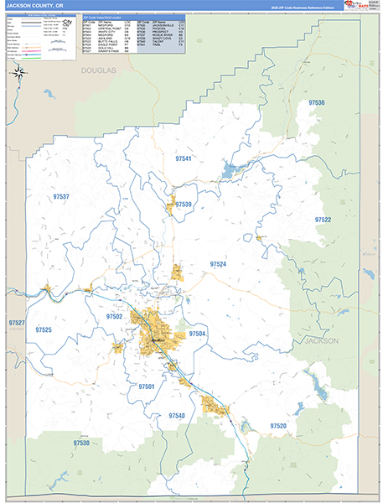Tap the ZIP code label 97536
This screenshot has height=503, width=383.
coord(316,102)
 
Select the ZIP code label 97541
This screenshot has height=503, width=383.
coord(184,158)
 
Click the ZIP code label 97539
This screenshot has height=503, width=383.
coord(184,205)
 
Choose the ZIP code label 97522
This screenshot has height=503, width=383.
coord(323,219)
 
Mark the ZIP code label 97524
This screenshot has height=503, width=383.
coord(218,264)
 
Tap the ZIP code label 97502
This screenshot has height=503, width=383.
coord(114,317)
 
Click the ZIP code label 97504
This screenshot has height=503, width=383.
coord(197,334)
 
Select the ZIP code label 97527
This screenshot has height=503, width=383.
coord(16,323)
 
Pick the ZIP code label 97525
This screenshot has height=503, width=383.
coord(44,330)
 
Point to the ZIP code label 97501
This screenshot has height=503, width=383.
coord(146,386)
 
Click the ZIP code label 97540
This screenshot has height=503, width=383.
coord(177,416)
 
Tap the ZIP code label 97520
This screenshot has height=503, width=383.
coord(278,427)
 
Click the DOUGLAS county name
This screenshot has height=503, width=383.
coord(96,73)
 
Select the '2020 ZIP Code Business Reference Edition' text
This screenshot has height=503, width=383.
coord(301,8)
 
